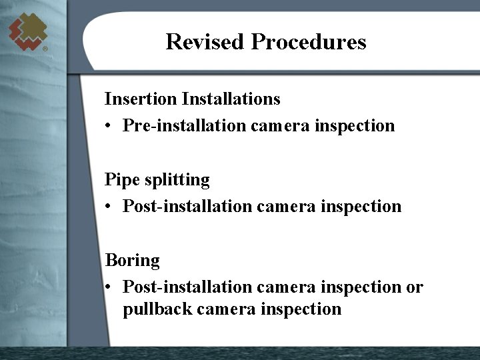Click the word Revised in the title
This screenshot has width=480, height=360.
click(205, 42)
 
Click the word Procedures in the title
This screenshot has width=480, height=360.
click(309, 42)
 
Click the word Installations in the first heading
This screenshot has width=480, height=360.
click(231, 99)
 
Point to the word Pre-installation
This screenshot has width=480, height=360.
click(183, 125)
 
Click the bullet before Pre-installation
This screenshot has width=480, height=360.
click(109, 126)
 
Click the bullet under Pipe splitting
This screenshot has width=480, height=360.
click(109, 207)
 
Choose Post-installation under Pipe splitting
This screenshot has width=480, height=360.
click(187, 207)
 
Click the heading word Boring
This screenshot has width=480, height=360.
click(133, 261)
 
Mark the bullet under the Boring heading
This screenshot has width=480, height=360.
click(109, 287)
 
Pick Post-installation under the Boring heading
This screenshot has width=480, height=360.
click(187, 287)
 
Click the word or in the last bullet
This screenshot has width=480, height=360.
click(415, 287)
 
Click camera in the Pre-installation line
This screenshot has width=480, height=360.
click(280, 126)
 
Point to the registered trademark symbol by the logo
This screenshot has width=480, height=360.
click(45, 49)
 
